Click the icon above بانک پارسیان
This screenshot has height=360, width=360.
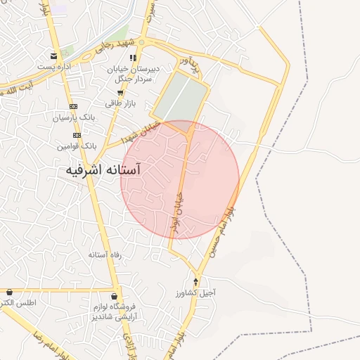(x=73, y=106)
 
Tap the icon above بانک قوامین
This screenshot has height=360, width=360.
(x=77, y=135)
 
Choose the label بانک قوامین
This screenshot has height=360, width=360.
(x=77, y=146)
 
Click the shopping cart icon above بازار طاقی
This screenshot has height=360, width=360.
(x=120, y=92)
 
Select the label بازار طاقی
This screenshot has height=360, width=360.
(x=119, y=103)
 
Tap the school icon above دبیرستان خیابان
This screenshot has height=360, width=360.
(x=134, y=58)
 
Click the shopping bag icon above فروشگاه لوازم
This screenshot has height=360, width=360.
(x=114, y=297)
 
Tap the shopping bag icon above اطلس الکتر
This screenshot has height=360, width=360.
(x=9, y=292)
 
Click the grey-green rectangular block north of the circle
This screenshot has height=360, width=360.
(x=181, y=98)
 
